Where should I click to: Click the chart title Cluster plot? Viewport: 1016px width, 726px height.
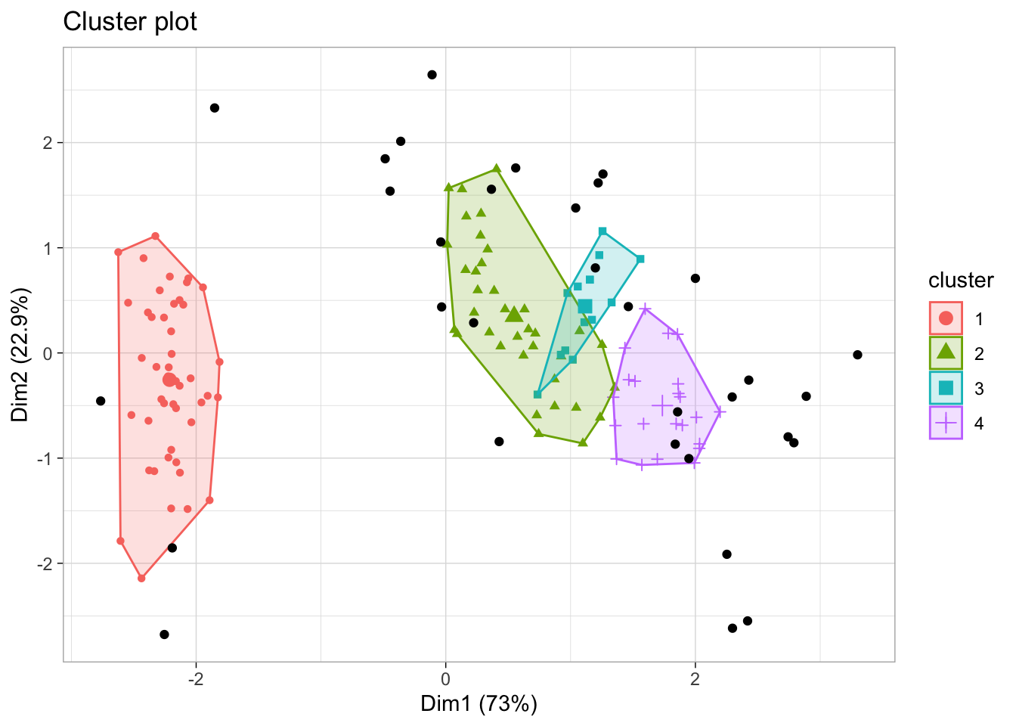pyautogui.click(x=130, y=22)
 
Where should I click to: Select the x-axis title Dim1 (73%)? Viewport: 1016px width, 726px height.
pyautogui.click(x=479, y=704)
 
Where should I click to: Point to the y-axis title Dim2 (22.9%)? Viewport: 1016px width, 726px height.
pyautogui.click(x=20, y=355)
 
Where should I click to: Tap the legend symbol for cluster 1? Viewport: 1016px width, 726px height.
pyautogui.click(x=946, y=318)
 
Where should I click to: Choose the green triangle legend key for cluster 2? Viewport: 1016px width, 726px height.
pyautogui.click(x=946, y=352)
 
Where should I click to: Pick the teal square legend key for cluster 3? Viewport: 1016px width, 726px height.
pyautogui.click(x=946, y=388)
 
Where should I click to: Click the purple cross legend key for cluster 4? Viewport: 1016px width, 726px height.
pyautogui.click(x=946, y=423)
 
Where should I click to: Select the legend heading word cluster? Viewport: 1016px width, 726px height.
pyautogui.click(x=961, y=281)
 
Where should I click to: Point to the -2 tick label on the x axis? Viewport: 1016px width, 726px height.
pyautogui.click(x=195, y=677)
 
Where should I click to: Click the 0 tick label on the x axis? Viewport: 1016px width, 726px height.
pyautogui.click(x=445, y=677)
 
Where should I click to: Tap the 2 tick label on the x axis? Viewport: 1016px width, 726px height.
pyautogui.click(x=695, y=677)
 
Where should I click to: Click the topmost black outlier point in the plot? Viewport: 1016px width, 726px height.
pyautogui.click(x=432, y=75)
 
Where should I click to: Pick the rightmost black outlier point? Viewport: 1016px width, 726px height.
pyautogui.click(x=857, y=355)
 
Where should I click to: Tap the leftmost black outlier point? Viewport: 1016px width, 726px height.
pyautogui.click(x=101, y=401)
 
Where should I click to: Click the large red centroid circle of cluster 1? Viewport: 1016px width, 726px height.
pyautogui.click(x=169, y=380)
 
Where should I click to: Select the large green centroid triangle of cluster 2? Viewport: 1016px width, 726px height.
pyautogui.click(x=514, y=315)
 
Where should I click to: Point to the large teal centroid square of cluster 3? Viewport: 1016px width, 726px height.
pyautogui.click(x=585, y=306)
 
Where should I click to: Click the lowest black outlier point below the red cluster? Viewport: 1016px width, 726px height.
pyautogui.click(x=164, y=634)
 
